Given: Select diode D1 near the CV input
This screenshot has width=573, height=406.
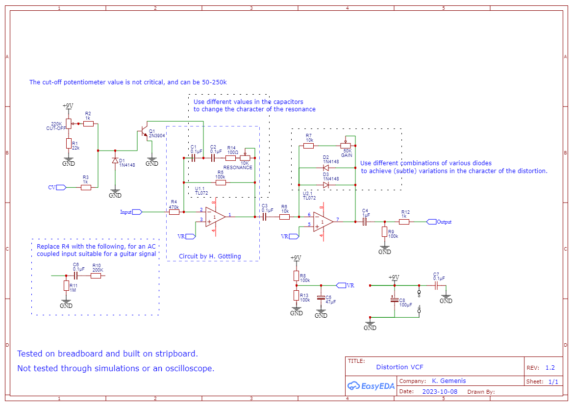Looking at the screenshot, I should point(115,160).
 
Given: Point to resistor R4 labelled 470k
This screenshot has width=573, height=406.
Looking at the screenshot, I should point(174,212).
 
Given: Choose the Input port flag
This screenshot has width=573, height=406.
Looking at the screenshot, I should point(137,212).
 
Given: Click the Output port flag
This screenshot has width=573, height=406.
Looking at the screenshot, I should point(431,222).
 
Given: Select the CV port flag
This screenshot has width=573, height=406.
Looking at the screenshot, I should point(61,187).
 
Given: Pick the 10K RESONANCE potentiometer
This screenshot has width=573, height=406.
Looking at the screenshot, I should point(245,158).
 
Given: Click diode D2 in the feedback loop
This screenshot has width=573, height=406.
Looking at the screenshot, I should point(325,168).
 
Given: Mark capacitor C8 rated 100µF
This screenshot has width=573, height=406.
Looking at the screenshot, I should point(394,300).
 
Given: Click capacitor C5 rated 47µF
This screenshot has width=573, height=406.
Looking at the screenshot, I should point(321,298).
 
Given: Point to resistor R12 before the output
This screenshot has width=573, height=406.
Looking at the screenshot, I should point(404,222).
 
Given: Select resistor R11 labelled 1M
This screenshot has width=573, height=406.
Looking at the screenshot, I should point(66,285).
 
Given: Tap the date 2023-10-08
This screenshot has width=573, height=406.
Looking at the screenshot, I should point(440,391).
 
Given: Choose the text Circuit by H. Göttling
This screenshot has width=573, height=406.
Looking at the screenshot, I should point(210,256).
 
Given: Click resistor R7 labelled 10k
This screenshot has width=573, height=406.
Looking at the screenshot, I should point(309,146).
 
